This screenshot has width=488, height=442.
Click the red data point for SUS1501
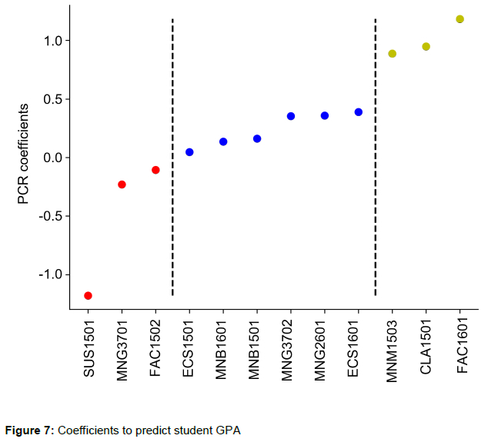pyautogui.click(x=88, y=296)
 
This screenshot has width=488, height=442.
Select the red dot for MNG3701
pyautogui.click(x=122, y=184)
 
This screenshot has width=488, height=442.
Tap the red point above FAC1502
pyautogui.click(x=155, y=170)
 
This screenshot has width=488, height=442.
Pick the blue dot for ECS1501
pyautogui.click(x=189, y=152)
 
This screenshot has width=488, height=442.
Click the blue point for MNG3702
pyautogui.click(x=291, y=116)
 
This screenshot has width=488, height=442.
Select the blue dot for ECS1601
pyautogui.click(x=359, y=112)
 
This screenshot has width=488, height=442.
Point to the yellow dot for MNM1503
pyautogui.click(x=393, y=54)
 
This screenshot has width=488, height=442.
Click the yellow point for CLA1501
pyautogui.click(x=426, y=47)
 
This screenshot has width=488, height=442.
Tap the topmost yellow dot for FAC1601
pyautogui.click(x=460, y=19)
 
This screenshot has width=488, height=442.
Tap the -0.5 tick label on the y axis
pyautogui.click(x=50, y=216)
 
